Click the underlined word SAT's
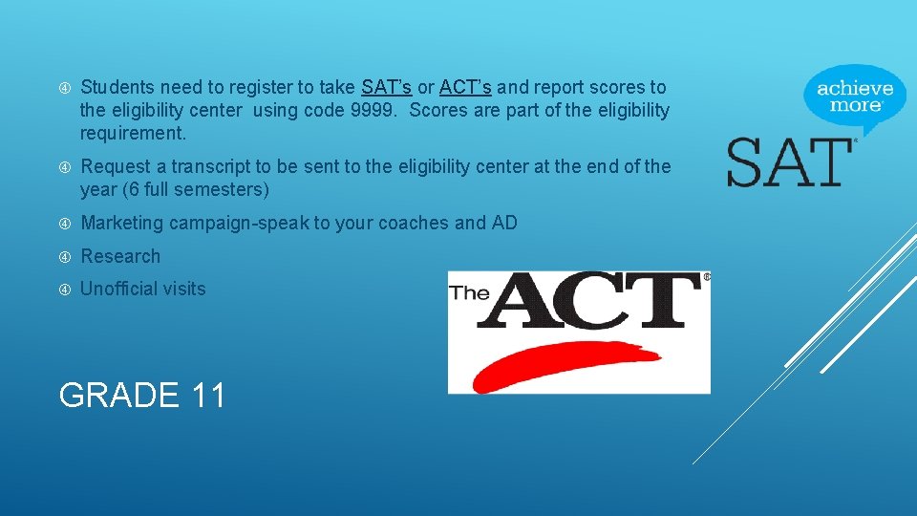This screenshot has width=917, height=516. pos(387,88)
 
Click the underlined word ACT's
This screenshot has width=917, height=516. pos(465,88)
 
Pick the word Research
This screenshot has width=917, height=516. pos(120,256)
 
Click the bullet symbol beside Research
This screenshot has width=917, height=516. pos(65,257)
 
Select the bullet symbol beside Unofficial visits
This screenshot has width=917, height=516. pos(65,290)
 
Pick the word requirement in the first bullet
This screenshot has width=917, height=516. pos(133,133)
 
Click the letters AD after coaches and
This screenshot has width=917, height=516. pos(504,224)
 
